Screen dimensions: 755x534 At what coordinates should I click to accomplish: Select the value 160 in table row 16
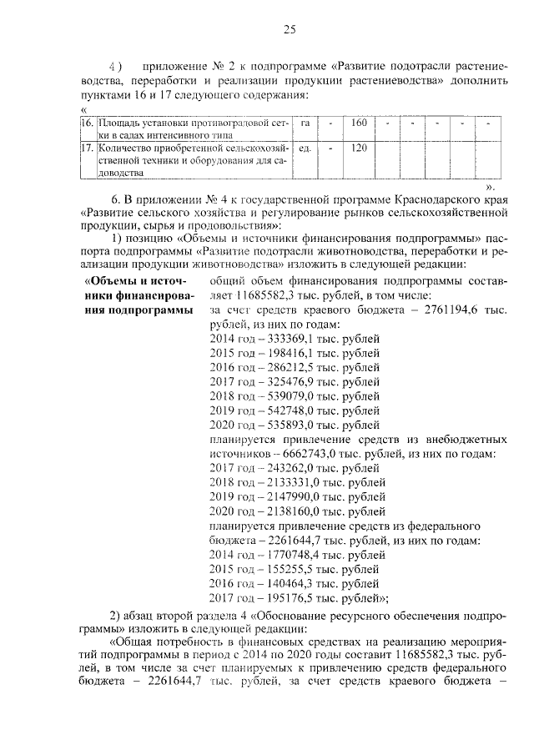point(359,123)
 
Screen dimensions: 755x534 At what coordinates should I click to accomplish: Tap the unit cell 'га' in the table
point(305,123)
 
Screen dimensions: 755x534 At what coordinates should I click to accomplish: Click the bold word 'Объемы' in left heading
point(114,281)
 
